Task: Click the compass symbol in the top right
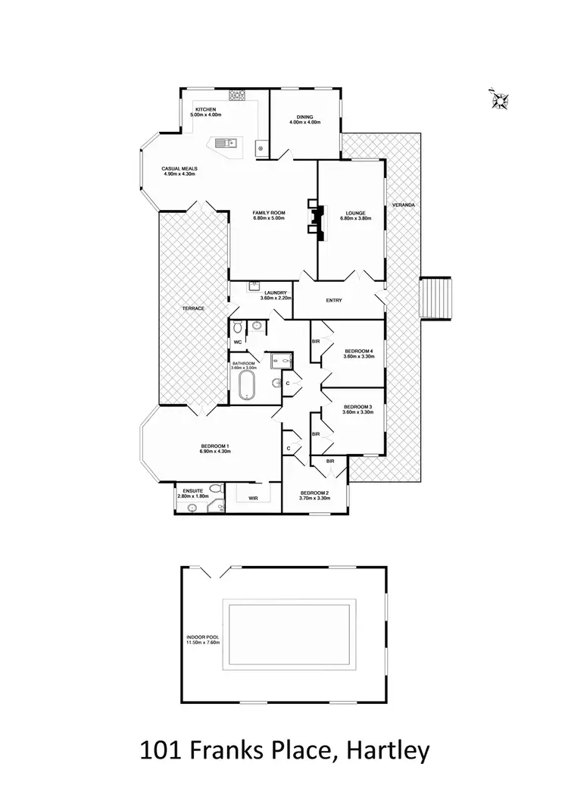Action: point(501,98)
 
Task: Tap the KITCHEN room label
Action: point(206,110)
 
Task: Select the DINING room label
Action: point(305,117)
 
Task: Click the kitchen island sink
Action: point(225,142)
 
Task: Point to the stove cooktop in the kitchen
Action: point(237,95)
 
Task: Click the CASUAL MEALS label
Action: point(179,168)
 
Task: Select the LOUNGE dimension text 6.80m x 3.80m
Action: point(355,219)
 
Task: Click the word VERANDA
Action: point(401,205)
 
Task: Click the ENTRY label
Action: point(333,300)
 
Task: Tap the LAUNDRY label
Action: point(276,293)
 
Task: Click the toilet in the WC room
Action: point(239,328)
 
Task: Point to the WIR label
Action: point(254,498)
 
